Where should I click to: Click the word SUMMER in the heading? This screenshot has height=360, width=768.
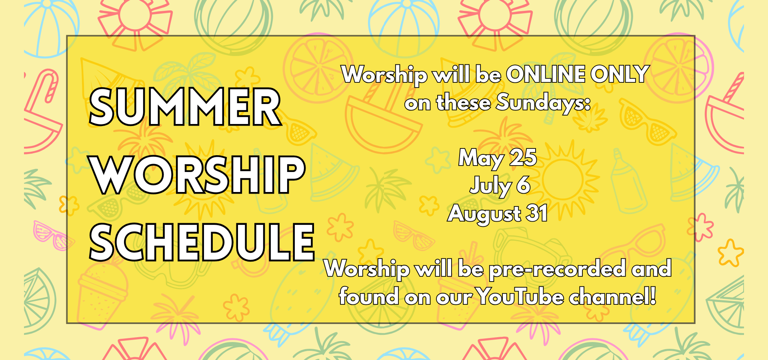[185, 107]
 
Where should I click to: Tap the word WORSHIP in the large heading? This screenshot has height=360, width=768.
[198, 175]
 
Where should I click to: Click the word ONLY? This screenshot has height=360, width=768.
[620, 74]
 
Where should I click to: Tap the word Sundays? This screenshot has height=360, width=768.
[543, 103]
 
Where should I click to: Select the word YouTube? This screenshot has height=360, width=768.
[520, 296]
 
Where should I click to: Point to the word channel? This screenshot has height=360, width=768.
[612, 296]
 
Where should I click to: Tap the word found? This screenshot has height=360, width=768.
[368, 296]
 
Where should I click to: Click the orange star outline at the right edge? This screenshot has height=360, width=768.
[730, 253]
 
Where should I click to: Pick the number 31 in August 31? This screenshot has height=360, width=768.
[537, 213]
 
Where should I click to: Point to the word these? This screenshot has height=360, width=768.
[463, 103]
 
